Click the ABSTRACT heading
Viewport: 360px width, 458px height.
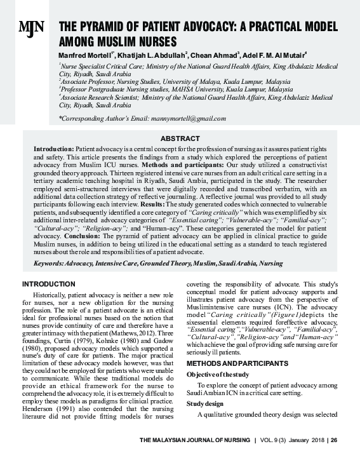pyautogui.click(x=180, y=138)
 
